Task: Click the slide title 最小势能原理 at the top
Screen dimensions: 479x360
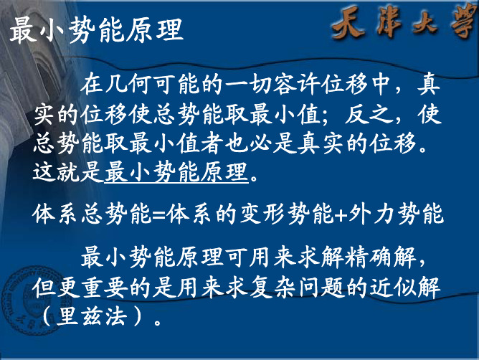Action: (97, 29)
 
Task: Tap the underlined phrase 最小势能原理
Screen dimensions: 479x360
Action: (176, 172)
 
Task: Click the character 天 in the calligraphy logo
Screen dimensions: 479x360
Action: (349, 22)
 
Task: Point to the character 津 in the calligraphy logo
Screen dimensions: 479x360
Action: (389, 22)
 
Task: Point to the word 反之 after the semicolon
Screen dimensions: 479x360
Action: (369, 115)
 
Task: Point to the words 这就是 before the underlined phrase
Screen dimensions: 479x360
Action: (68, 172)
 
